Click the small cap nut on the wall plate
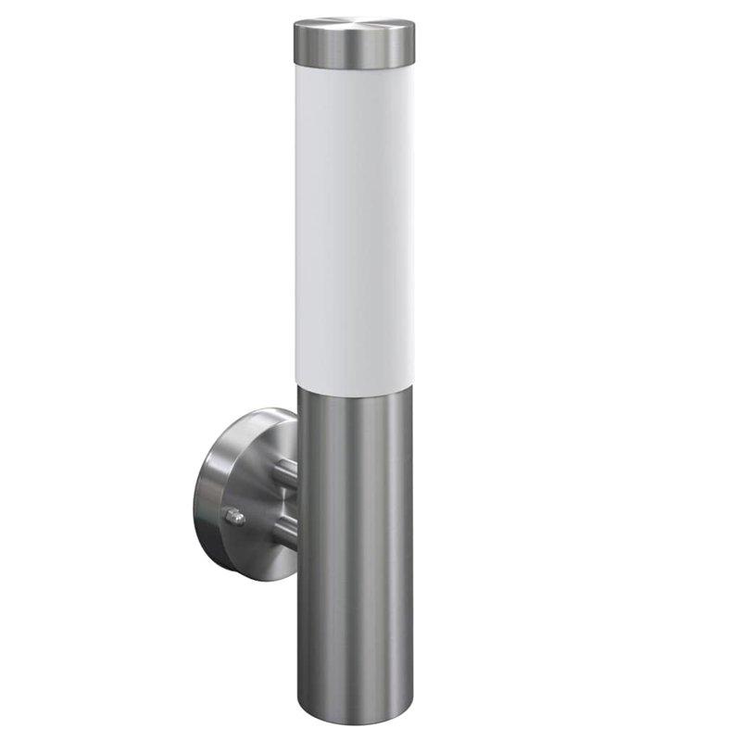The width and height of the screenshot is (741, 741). click(235, 516)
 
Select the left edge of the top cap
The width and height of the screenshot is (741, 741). click(295, 46)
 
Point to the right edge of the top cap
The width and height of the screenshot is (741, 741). click(413, 46)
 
